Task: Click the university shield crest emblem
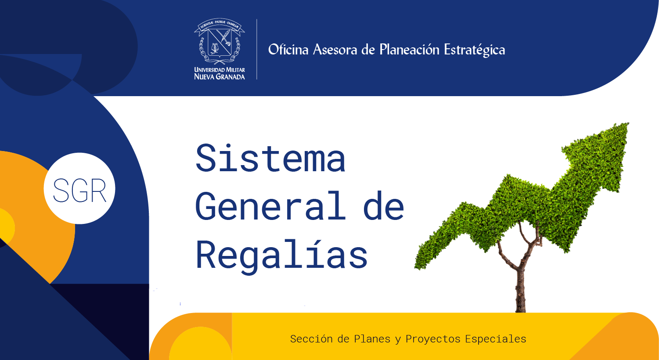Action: (x=220, y=41)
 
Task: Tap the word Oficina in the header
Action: (x=288, y=50)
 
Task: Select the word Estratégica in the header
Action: (x=475, y=50)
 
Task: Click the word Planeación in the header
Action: (x=409, y=50)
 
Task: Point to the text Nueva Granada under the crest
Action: (x=220, y=77)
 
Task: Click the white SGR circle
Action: (x=79, y=188)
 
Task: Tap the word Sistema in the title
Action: (x=270, y=158)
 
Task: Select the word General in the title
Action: (x=270, y=205)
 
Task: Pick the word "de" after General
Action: (x=384, y=205)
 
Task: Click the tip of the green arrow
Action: (x=628, y=123)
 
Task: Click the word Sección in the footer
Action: (x=311, y=339)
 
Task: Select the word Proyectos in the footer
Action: (x=433, y=339)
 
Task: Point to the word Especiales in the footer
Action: (x=496, y=339)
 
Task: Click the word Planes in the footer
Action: (x=372, y=339)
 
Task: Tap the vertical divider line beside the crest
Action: (x=257, y=49)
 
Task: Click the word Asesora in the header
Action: (x=335, y=50)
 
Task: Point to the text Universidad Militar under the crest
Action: (x=220, y=70)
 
